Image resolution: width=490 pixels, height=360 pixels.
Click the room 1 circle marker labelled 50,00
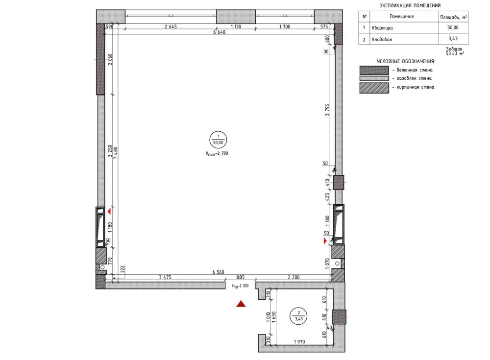coord(218,140)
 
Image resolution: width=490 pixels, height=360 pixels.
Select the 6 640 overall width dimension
coord(219,32)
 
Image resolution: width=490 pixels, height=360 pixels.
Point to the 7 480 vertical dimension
coord(116,153)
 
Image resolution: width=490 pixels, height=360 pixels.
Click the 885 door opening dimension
coord(240,277)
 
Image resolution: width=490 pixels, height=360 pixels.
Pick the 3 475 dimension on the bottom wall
coord(165,277)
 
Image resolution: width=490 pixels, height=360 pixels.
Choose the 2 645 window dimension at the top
coord(171,26)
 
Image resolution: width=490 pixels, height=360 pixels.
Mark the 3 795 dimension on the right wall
coord(327,110)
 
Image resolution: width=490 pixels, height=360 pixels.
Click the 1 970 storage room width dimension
coord(299,342)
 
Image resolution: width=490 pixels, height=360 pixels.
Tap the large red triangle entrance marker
coord(241,304)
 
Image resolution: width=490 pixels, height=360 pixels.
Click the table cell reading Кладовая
coord(382,39)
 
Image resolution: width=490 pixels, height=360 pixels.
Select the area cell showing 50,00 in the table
coord(453,27)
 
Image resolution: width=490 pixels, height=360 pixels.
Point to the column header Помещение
coord(402,16)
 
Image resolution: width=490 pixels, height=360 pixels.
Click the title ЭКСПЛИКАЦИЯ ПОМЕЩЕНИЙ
coord(410,5)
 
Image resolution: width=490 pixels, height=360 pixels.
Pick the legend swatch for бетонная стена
coord(374,70)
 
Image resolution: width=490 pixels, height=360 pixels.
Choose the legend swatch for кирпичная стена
coord(374,88)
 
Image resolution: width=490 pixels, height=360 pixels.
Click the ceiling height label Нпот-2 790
coord(217,153)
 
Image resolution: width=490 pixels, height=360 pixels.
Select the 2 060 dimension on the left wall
coord(110,60)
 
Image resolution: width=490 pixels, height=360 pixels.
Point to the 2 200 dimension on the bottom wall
coord(294,277)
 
